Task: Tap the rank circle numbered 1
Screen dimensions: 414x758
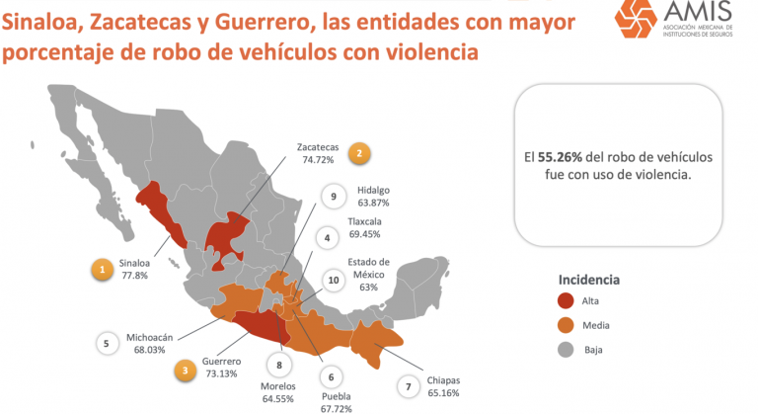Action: click(101, 268)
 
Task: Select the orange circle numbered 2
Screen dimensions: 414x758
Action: click(360, 153)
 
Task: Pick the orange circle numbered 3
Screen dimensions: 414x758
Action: click(185, 371)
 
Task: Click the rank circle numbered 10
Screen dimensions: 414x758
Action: click(334, 280)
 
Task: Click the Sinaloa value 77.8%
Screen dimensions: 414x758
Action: click(134, 277)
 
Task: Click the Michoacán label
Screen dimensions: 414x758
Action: click(149, 337)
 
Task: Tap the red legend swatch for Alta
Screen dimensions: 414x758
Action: click(566, 300)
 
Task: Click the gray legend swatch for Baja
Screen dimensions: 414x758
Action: click(566, 349)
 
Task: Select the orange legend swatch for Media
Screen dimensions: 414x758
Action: click(566, 325)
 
